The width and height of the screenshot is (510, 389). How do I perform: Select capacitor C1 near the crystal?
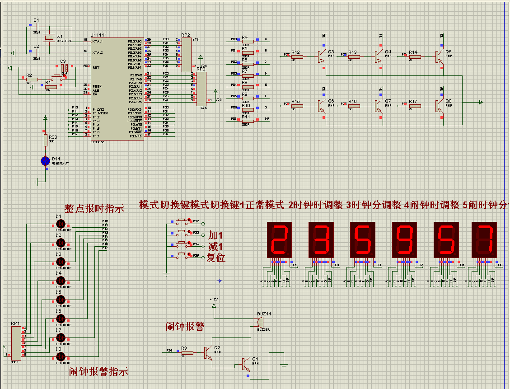pos(38,28)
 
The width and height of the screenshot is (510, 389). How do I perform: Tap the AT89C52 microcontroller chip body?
pos(117,88)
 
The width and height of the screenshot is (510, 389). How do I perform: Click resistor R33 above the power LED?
pos(45,140)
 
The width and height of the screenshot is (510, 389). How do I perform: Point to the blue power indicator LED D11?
pos(45,160)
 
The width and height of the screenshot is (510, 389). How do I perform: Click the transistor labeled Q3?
pos(322,56)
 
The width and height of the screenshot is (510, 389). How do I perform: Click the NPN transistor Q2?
pos(207,352)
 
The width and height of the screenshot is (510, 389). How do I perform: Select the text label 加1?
pos(215,235)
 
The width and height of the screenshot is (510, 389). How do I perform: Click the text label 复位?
pos(216,258)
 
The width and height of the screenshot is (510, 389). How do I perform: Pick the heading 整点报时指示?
pos(94,209)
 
